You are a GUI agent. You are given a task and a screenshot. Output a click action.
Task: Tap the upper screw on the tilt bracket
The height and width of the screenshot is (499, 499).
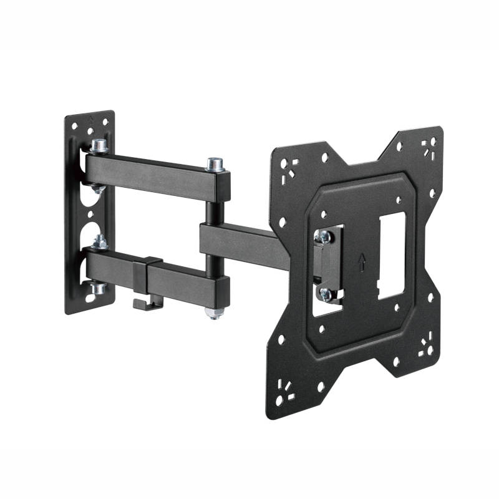pos(323,236)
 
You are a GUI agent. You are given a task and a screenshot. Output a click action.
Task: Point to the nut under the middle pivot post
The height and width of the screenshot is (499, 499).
pos(214,312)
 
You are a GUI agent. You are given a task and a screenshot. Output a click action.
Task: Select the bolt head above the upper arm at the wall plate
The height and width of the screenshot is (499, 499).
pos(97,147)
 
